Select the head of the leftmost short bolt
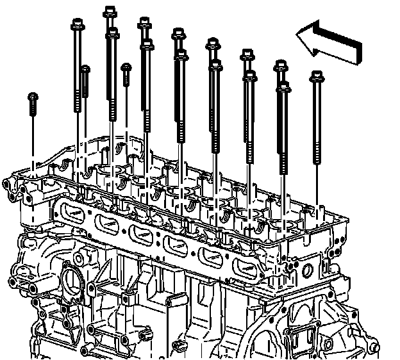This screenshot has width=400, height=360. (33, 97)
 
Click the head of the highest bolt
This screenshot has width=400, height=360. (109, 10)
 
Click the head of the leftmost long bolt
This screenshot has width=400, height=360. (76, 24)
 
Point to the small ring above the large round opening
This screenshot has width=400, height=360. (79, 258)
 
